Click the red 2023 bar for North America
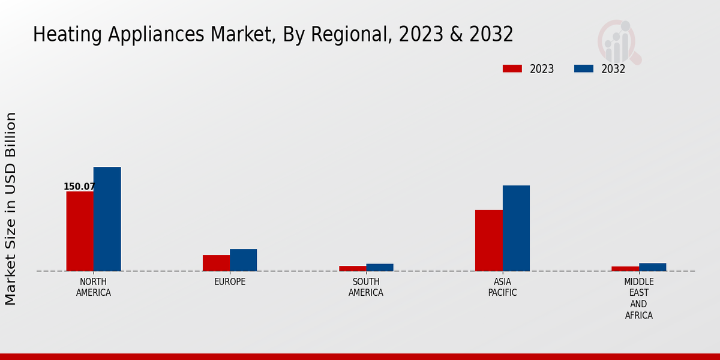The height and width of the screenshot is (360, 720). coord(80,231)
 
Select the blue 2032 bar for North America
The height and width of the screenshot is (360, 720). coord(107,219)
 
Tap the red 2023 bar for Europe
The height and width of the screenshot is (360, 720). coord(216,263)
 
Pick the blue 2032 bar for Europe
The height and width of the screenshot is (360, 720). coord(243,260)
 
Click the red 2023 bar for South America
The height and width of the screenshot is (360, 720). coord(352,268)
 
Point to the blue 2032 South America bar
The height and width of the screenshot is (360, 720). coord(380,268)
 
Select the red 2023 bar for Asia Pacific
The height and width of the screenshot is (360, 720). coord(488,240)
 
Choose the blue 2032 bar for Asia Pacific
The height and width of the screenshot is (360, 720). coord(516,228)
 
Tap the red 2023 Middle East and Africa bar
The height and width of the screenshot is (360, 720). coord(625,269)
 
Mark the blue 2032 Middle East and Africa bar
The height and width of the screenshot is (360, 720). coord(652,267)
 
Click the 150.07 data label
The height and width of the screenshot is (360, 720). coord(79,187)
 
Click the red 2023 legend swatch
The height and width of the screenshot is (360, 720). coord(512,69)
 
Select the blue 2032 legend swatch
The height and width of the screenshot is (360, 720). coord(583,69)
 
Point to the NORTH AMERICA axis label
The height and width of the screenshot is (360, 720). coord(94,287)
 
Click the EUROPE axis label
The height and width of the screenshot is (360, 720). coord(230,282)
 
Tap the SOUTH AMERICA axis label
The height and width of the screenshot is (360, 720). coord(366,287)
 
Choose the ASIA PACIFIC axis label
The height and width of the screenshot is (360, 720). coord(502,287)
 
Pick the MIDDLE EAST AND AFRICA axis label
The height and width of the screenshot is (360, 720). coord(638,298)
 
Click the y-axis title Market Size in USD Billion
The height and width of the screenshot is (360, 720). coord(11,208)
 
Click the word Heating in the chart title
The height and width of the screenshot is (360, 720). coord(68,35)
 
